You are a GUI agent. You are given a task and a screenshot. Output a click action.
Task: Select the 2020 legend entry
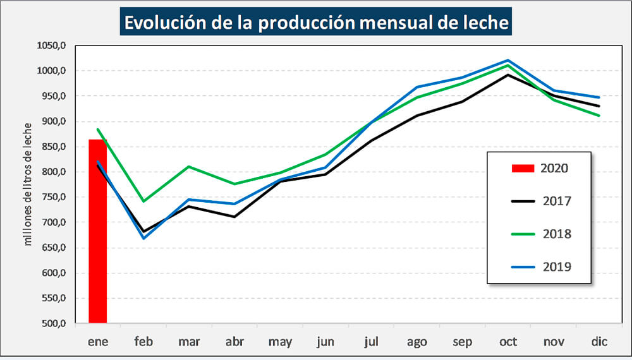(540, 168)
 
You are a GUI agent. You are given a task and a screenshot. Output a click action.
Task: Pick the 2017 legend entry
(540, 201)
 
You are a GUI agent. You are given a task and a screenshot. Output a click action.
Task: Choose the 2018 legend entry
(540, 234)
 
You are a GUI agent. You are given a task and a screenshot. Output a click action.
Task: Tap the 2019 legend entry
(540, 267)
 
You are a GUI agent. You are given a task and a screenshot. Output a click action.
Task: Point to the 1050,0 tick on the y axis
(52, 45)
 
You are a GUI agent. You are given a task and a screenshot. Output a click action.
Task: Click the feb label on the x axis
(143, 342)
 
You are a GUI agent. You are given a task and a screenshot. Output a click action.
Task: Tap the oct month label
(508, 342)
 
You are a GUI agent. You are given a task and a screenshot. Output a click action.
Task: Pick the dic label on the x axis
(599, 342)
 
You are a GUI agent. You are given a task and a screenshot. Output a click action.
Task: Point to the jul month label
(372, 342)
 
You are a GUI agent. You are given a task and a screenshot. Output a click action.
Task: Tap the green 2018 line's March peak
(189, 167)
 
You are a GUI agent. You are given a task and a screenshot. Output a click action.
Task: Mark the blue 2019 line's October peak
(508, 60)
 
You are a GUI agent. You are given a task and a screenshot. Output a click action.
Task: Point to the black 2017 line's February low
(143, 232)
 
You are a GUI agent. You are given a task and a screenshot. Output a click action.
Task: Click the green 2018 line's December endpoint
(599, 116)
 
